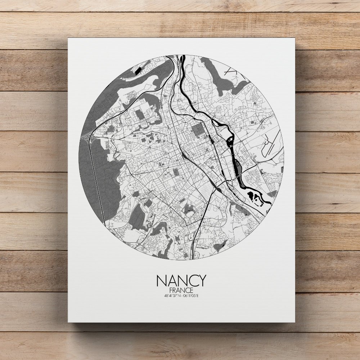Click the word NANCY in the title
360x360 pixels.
click(181, 280)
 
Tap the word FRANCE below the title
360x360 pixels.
click(181, 290)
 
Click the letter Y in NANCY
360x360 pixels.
click(202, 280)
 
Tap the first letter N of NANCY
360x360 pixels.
click(161, 280)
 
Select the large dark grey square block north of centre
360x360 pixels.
click(198, 130)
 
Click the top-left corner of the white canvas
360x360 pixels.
click(68, 38)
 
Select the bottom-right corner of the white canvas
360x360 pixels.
click(295, 322)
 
